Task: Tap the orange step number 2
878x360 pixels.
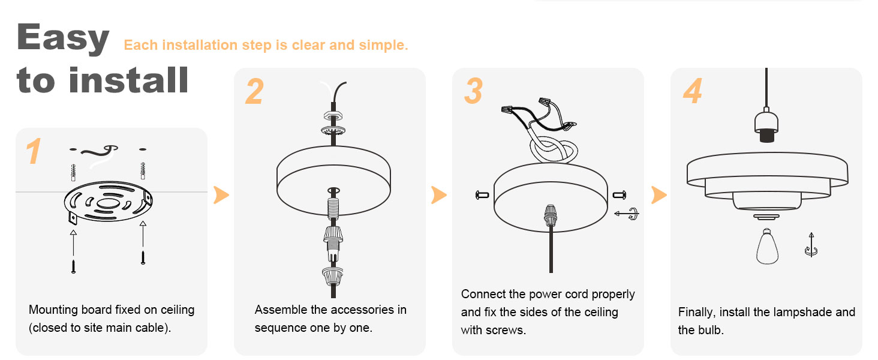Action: (255, 92)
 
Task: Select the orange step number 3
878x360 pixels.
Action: (473, 91)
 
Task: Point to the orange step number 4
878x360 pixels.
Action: (692, 91)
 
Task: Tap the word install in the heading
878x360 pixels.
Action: (128, 80)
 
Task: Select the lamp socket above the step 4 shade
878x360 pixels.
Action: (765, 127)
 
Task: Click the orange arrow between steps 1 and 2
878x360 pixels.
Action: (221, 194)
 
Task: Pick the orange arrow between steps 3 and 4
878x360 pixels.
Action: (659, 194)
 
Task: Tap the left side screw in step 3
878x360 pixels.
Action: (481, 194)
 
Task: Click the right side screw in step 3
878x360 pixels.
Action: (620, 194)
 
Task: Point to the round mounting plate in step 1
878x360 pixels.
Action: (108, 203)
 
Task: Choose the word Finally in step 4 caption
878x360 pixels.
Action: (696, 312)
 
